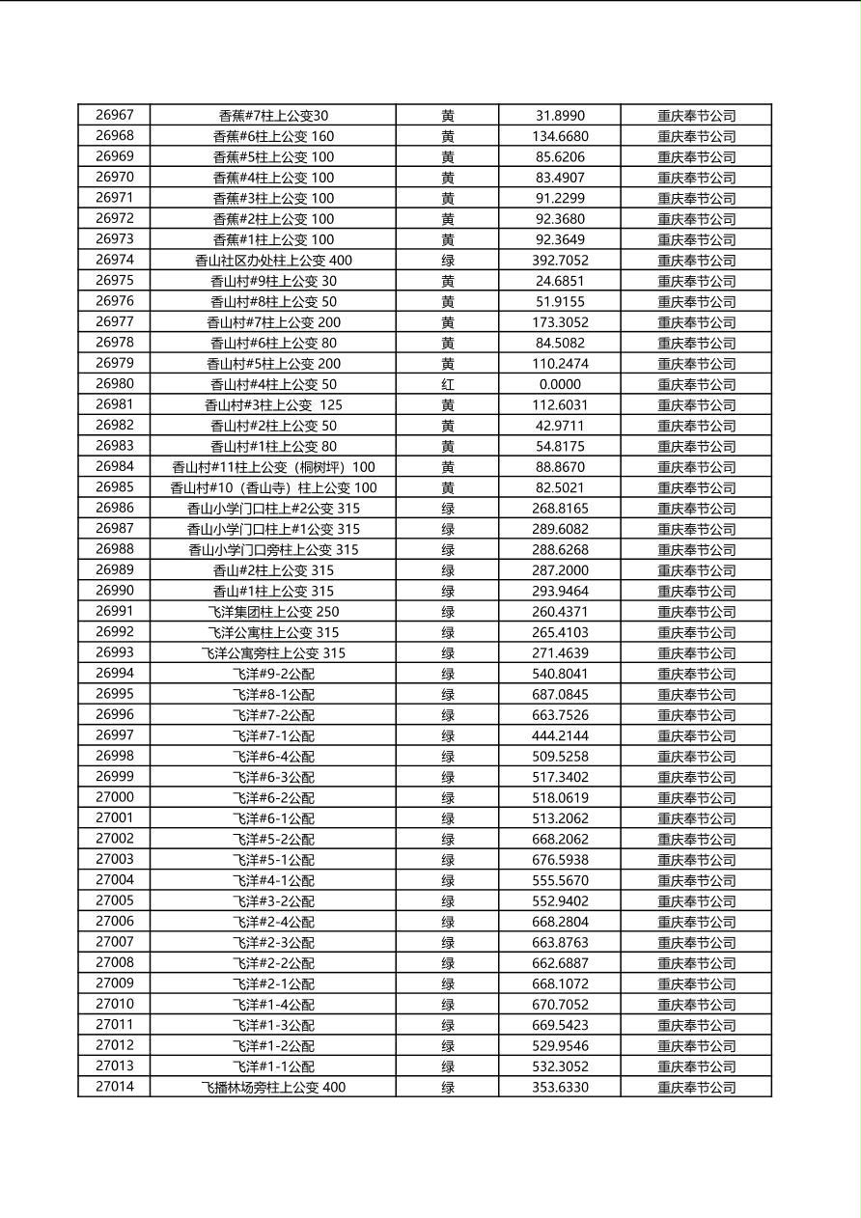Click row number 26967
[115, 115]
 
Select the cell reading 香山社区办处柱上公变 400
[273, 261]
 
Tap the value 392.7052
[560, 261]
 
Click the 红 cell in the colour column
[448, 384]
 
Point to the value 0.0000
[560, 384]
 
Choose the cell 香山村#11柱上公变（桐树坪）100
[273, 467]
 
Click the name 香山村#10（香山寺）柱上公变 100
[273, 488]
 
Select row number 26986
[115, 509]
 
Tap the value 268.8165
[560, 509]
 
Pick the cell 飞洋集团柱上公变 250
[273, 612]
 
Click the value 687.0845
[560, 695]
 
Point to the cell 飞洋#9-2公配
[273, 674]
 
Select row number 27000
[115, 798]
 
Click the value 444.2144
[560, 736]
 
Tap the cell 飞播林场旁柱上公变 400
[273, 1088]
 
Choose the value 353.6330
[560, 1088]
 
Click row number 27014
[115, 1088]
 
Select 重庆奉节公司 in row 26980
[696, 384]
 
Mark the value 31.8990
[560, 116]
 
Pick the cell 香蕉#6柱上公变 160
[273, 136]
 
